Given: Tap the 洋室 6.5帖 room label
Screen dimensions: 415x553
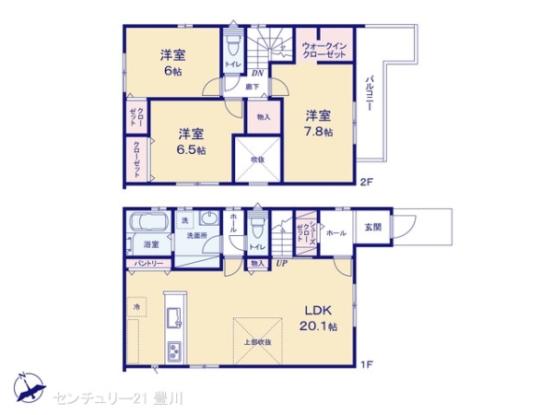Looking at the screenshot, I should (192, 140).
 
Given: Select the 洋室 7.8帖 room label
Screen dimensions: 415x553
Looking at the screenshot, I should (318, 124).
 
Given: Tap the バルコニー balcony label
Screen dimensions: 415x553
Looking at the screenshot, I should (368, 93).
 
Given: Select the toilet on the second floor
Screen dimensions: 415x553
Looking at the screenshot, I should (233, 47).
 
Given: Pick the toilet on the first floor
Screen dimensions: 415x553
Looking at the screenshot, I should (257, 231).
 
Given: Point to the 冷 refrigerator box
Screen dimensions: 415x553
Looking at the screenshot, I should (136, 304).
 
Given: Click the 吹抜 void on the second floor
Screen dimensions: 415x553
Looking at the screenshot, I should (258, 159).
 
